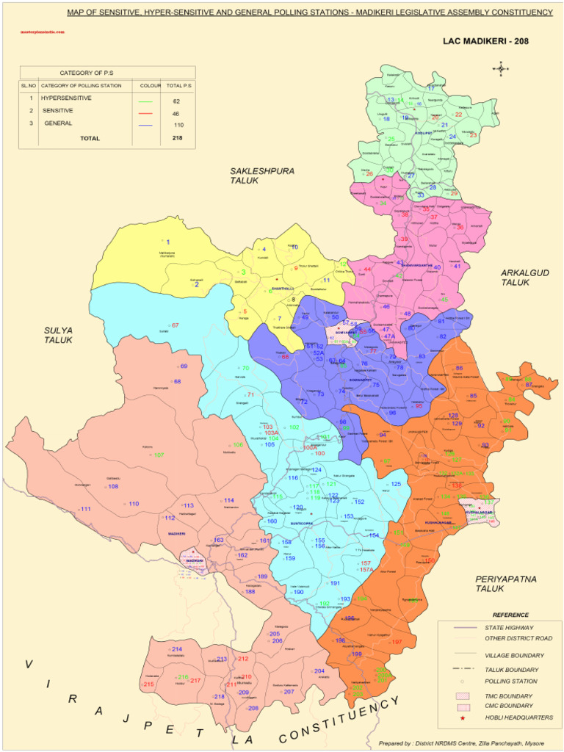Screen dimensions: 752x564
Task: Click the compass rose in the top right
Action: [x=502, y=69]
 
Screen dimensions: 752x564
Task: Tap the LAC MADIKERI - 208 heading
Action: [x=485, y=41]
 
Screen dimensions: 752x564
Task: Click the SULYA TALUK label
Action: [x=58, y=335]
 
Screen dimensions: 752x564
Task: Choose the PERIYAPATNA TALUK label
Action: [x=505, y=583]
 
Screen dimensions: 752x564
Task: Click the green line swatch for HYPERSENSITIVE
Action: [x=146, y=101]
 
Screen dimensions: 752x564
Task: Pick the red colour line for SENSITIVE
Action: [x=146, y=113]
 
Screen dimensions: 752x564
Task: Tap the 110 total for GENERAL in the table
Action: [x=178, y=125]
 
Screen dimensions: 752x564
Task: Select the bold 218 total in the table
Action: [x=177, y=138]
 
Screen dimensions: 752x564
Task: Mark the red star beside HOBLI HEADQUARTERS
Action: [x=463, y=717]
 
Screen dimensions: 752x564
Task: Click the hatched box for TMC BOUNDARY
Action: [x=463, y=694]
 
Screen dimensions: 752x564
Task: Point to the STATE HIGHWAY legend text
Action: [x=509, y=628]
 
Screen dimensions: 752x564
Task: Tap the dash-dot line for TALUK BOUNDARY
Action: [x=463, y=669]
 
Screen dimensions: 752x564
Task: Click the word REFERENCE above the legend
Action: [x=510, y=615]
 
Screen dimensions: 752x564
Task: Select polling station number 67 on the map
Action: [x=175, y=325]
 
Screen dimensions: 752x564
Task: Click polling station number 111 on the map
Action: [x=86, y=509]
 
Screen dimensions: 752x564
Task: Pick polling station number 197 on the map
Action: [x=397, y=642]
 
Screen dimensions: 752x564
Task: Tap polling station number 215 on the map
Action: [x=149, y=684]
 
